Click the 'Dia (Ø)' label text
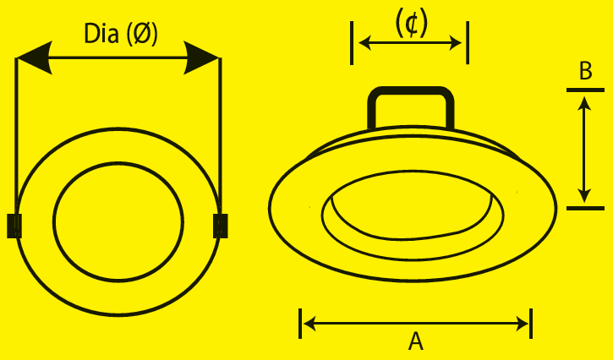point(121,34)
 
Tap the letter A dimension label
point(416,341)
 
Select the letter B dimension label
point(586,72)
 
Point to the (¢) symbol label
point(412,24)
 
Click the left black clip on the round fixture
point(14,226)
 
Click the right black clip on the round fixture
point(221,226)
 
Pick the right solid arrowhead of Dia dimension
point(202,57)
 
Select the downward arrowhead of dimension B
point(584,196)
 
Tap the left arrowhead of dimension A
point(309,324)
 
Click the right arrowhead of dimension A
point(523,324)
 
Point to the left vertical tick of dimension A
point(300,324)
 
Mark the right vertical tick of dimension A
point(531,324)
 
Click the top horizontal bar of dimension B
point(586,90)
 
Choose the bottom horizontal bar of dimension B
point(586,209)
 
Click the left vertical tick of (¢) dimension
point(352,43)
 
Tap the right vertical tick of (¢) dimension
point(468,43)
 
